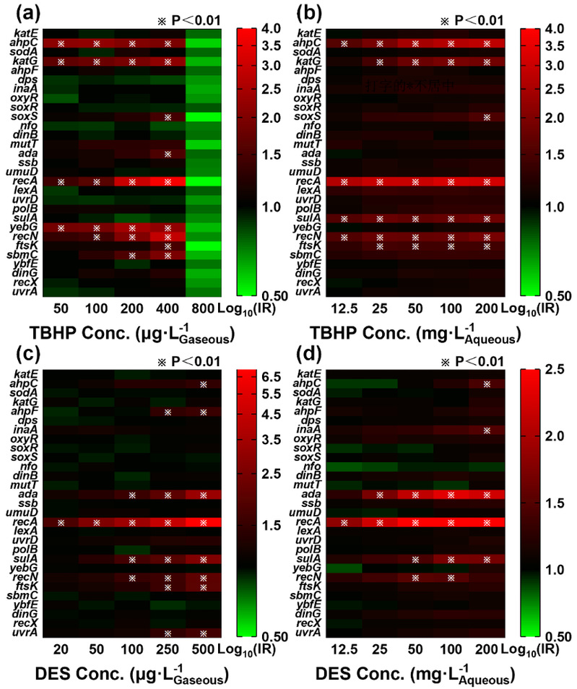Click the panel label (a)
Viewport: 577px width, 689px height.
coord(17,13)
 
